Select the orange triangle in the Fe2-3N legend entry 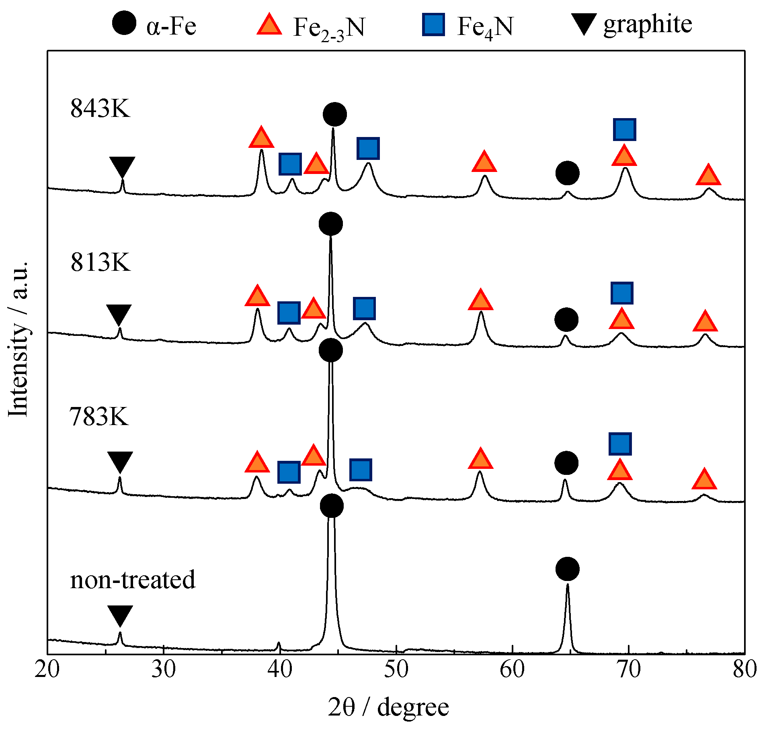(269, 25)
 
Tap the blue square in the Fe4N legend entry (433, 25)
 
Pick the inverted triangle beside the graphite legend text (584, 24)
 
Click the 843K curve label (100, 108)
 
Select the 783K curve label (99, 417)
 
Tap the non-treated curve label (133, 580)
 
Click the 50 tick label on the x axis (396, 670)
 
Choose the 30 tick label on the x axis (164, 670)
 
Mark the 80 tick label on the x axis (744, 670)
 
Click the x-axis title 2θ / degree (388, 708)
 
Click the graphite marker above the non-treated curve (120, 615)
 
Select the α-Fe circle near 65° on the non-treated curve (567, 569)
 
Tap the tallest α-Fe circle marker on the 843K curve (334, 114)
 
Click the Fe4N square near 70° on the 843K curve (624, 129)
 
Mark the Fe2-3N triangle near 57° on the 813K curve (480, 300)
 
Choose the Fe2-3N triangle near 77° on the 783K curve (704, 480)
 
